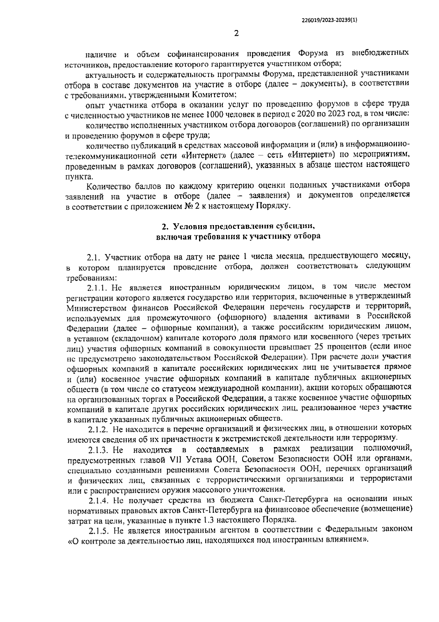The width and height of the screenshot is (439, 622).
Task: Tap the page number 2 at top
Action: click(x=236, y=33)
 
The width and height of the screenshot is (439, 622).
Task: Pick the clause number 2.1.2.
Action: click(x=98, y=428)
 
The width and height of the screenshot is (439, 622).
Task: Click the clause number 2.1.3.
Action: click(x=98, y=449)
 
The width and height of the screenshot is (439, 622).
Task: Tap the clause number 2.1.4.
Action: click(x=98, y=499)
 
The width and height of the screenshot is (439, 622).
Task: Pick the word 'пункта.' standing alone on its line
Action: click(x=76, y=176)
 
